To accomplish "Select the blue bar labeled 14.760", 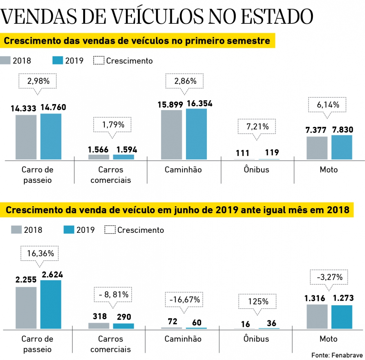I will [51, 136].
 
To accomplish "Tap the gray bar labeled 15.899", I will [171, 135].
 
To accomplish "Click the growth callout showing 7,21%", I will [257, 127].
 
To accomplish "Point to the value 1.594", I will [126, 150].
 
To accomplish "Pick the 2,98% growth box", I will [38, 81].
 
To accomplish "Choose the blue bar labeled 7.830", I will [342, 147].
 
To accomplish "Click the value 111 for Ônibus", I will [242, 153].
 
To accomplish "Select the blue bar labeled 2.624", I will [51, 304].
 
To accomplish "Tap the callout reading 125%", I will [258, 301].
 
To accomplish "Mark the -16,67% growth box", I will [184, 300].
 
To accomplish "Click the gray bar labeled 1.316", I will [317, 316].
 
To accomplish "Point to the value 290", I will [124, 317].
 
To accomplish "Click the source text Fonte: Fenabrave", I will [337, 355].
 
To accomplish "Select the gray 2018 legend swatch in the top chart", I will [5, 60].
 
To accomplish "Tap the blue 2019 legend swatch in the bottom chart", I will [69, 230].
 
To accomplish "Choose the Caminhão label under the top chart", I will [183, 170].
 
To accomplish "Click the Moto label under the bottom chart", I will [328, 339].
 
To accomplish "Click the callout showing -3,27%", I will [329, 277].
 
